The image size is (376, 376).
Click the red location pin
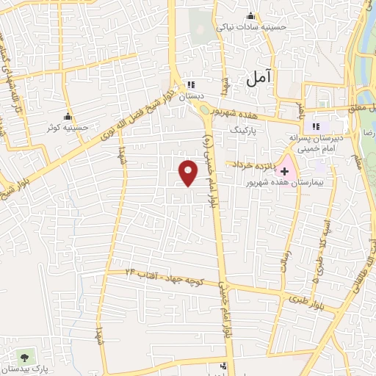coord(189,171)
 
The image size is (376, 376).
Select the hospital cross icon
coord(285,171)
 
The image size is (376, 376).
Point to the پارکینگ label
coord(245,129)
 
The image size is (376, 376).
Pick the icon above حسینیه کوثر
coord(68,115)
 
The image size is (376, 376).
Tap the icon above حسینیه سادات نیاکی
coord(251,16)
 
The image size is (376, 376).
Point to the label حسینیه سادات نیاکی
coord(250,27)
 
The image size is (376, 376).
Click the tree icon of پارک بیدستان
coord(26,357)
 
